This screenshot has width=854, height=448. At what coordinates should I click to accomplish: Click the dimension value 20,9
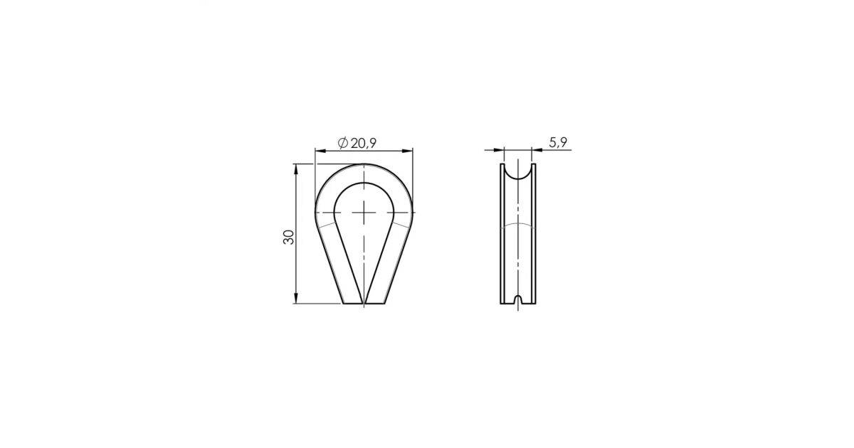(364, 143)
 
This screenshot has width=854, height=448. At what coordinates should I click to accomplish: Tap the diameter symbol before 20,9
(343, 143)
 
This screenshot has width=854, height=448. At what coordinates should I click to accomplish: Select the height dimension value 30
(289, 237)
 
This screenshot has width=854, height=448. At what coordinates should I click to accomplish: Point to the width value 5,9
(558, 142)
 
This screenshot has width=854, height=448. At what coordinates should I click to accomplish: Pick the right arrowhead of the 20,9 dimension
(407, 151)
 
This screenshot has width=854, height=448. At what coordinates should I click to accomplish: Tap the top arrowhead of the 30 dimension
(296, 170)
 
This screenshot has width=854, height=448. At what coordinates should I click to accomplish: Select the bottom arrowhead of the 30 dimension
(296, 298)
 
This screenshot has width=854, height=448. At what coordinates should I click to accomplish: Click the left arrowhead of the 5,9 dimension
(498, 150)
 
